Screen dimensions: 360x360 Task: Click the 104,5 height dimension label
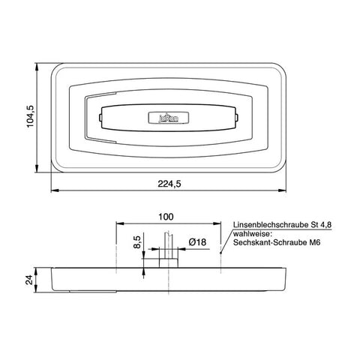[30, 116]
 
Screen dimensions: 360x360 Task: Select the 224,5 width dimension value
[169, 184]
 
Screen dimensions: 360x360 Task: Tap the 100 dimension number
[166, 217]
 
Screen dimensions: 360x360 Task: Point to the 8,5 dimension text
[138, 241]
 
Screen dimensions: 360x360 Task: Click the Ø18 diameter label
[197, 242]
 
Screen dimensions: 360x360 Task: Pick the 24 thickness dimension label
[29, 280]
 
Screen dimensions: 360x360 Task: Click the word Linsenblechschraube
[271, 225]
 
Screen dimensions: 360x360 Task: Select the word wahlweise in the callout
[252, 234]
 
